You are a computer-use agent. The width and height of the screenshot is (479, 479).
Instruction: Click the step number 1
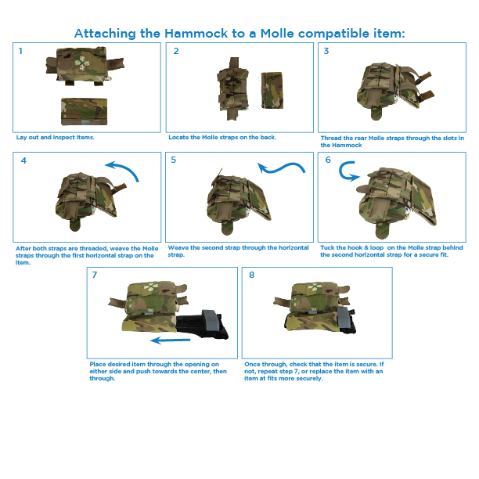point(20,51)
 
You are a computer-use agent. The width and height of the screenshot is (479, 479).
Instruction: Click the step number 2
point(175,51)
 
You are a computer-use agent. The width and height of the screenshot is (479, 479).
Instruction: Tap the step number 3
point(326,51)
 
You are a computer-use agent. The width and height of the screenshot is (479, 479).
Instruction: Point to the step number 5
point(173,160)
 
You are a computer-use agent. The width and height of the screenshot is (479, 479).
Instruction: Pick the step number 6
point(327,160)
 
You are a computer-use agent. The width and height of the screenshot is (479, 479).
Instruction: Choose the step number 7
point(95,275)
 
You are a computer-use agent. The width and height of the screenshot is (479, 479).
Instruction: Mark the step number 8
point(251,275)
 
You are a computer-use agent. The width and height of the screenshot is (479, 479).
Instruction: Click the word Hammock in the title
point(191,34)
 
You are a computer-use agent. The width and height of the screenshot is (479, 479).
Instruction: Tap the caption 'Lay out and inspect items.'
point(56,137)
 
